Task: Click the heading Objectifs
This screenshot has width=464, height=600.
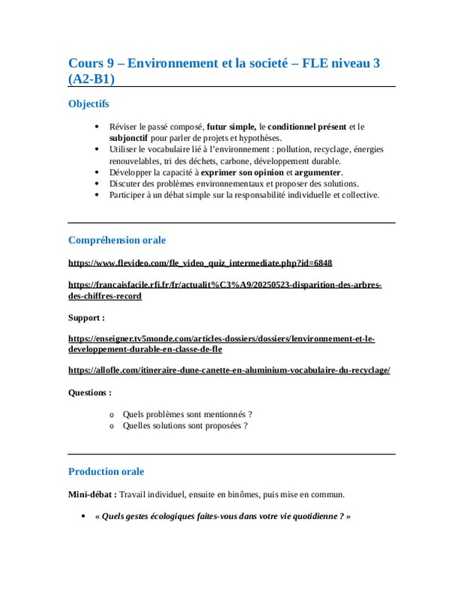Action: pyautogui.click(x=89, y=103)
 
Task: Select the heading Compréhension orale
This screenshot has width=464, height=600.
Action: pyautogui.click(x=117, y=240)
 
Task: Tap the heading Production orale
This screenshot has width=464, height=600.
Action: pyautogui.click(x=106, y=472)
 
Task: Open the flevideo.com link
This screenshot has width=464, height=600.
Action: pyautogui.click(x=200, y=263)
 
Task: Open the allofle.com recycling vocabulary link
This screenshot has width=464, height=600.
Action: pyautogui.click(x=229, y=370)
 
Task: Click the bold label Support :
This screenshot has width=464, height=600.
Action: pyautogui.click(x=87, y=317)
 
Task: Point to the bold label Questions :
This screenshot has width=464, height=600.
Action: pyautogui.click(x=90, y=392)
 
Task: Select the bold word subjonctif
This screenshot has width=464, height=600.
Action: pyautogui.click(x=128, y=138)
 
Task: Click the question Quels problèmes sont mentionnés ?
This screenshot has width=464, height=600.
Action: pyautogui.click(x=187, y=414)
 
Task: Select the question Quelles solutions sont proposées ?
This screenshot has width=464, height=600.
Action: pyautogui.click(x=185, y=426)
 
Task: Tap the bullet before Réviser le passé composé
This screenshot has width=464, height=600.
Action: pyautogui.click(x=97, y=127)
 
